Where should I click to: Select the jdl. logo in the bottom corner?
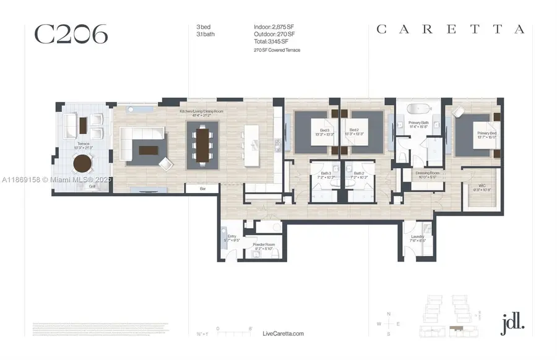tap(512, 322)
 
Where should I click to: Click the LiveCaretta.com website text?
tap(283, 333)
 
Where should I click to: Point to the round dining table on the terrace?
tap(82, 163)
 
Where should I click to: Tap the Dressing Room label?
tap(427, 174)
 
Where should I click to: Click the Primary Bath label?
tap(418, 124)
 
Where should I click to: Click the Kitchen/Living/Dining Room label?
tap(196, 113)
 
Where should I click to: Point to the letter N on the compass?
tap(389, 314)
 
